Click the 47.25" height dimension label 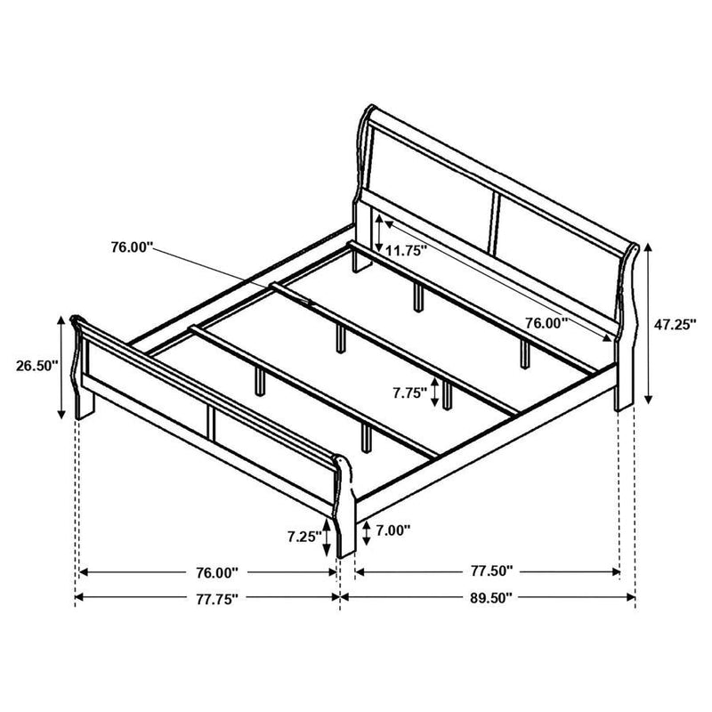pos(676,325)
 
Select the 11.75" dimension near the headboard pos(407,250)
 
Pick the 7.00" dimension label pos(392,531)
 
